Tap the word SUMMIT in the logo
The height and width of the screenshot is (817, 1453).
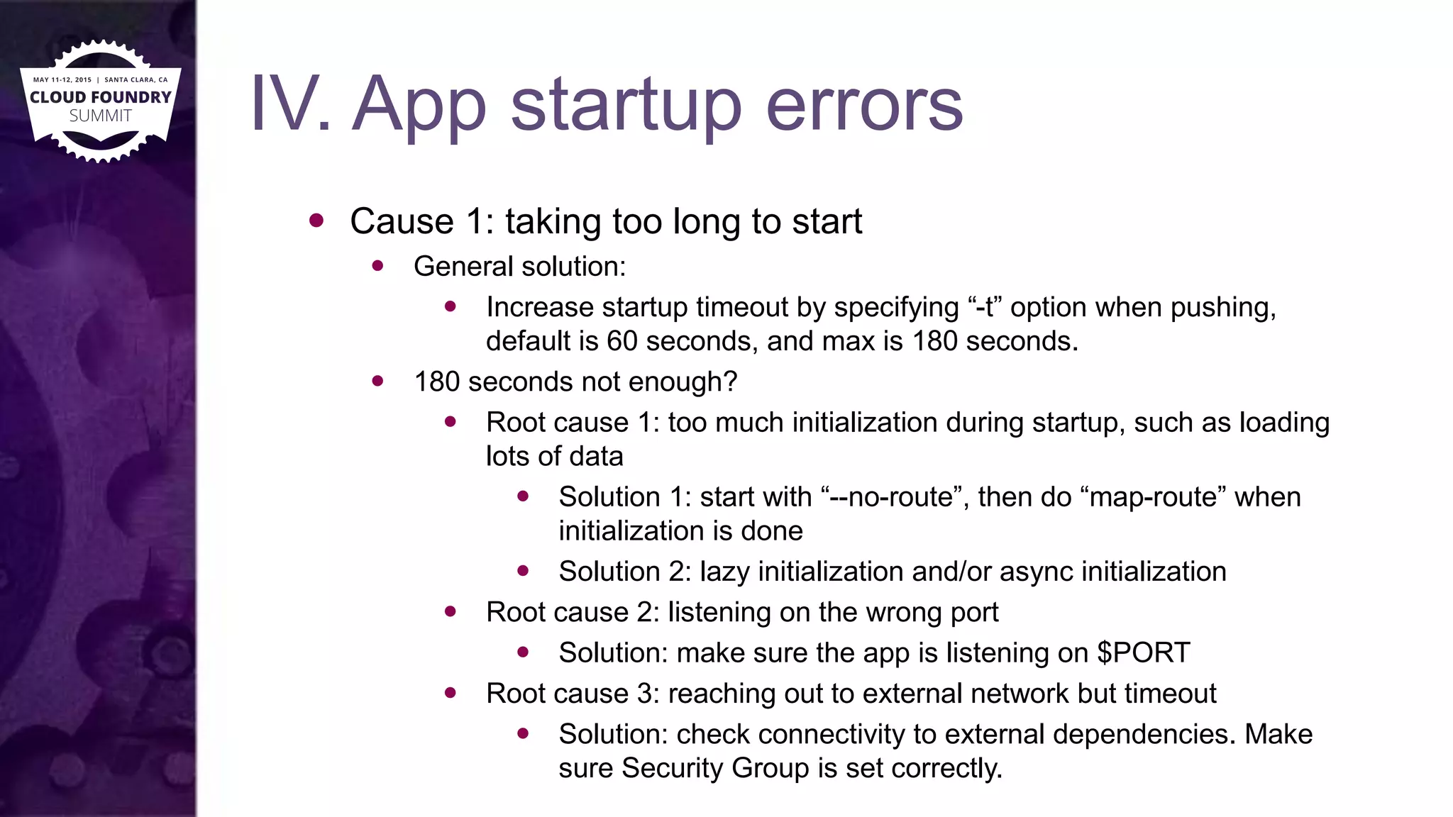tap(101, 116)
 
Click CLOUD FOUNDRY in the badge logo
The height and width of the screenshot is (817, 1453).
tap(101, 97)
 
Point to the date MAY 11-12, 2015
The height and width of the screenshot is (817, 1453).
tap(62, 80)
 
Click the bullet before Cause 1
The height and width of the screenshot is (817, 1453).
tap(316, 221)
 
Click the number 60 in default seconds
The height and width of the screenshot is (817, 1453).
tap(622, 341)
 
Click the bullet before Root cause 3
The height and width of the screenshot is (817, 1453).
tap(451, 693)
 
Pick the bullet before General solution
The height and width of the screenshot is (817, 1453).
tap(378, 266)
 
